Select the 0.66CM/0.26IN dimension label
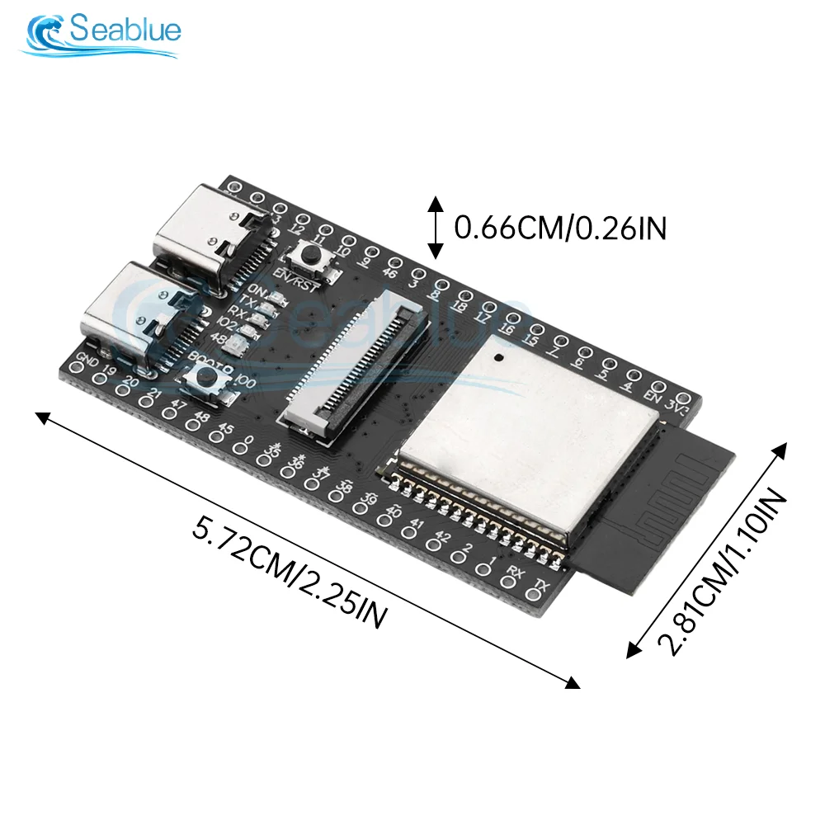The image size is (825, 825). [561, 228]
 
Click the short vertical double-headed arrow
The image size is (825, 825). [434, 226]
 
